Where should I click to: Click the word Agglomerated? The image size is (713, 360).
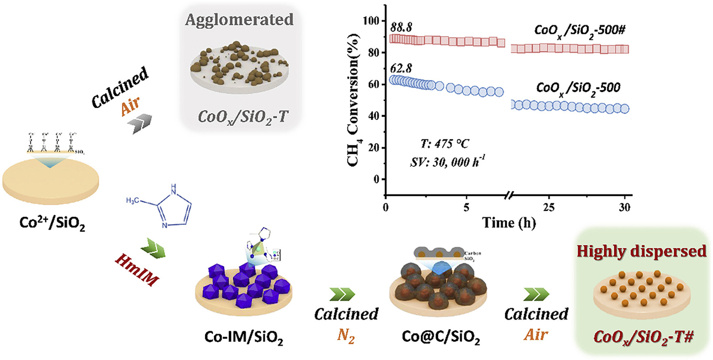pyautogui.click(x=239, y=20)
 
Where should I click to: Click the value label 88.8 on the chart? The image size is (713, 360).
pyautogui.click(x=401, y=27)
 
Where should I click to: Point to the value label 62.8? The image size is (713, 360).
pyautogui.click(x=401, y=68)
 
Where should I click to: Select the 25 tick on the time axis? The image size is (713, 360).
pyautogui.click(x=549, y=207)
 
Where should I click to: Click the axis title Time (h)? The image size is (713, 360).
pyautogui.click(x=509, y=223)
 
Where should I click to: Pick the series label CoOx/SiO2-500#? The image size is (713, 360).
pyautogui.click(x=579, y=31)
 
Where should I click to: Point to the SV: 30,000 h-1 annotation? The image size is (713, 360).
pyautogui.click(x=447, y=162)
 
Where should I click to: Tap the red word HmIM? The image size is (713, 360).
pyautogui.click(x=137, y=269)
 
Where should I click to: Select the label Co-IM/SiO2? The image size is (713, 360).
pyautogui.click(x=243, y=337)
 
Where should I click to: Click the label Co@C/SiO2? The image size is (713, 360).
pyautogui.click(x=441, y=337)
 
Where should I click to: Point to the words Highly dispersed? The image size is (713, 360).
pyautogui.click(x=641, y=251)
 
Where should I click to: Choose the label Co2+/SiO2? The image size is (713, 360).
pyautogui.click(x=52, y=223)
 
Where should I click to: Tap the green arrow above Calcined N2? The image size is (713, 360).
pyautogui.click(x=342, y=294)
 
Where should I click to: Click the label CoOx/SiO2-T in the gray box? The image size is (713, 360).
pyautogui.click(x=243, y=117)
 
